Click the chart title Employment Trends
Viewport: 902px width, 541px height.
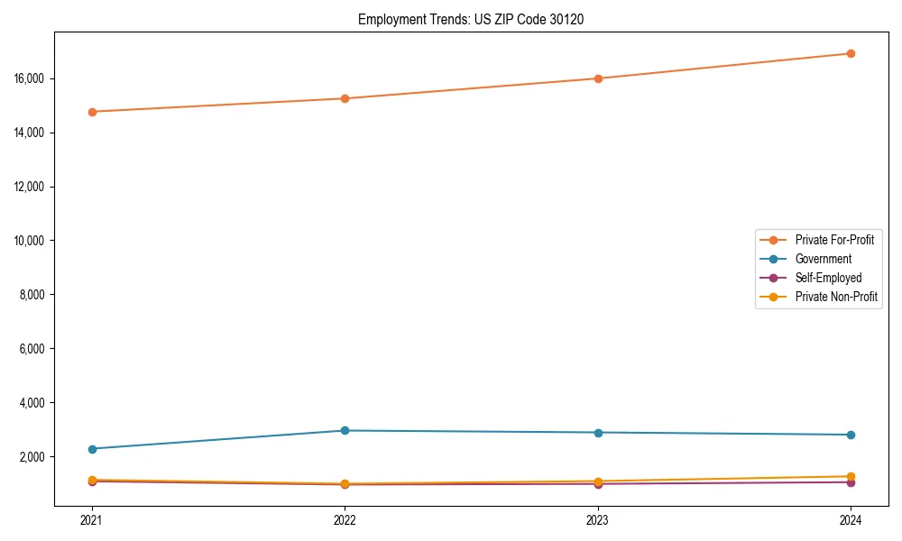pyautogui.click(x=471, y=19)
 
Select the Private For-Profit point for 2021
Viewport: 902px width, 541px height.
pyautogui.click(x=92, y=112)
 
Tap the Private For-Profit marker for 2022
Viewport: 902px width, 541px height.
pyautogui.click(x=345, y=98)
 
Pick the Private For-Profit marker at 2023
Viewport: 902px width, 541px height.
pyautogui.click(x=598, y=78)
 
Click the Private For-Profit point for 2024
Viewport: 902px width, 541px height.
pyautogui.click(x=851, y=53)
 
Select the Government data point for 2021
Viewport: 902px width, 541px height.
pyautogui.click(x=92, y=449)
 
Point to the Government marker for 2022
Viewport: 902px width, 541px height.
pyautogui.click(x=345, y=430)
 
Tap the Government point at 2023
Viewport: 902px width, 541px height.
pyautogui.click(x=598, y=433)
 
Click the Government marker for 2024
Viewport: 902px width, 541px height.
pyautogui.click(x=851, y=435)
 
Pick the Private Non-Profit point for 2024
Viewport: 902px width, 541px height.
pyautogui.click(x=851, y=476)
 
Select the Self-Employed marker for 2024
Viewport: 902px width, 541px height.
pyautogui.click(x=851, y=482)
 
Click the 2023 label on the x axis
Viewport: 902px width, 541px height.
pyautogui.click(x=598, y=520)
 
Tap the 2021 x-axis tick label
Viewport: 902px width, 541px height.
pyautogui.click(x=92, y=520)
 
